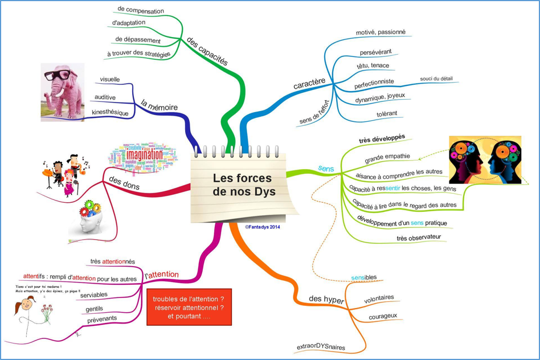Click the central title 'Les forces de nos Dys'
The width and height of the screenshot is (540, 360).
click(243, 185)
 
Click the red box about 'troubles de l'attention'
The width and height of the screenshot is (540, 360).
click(189, 307)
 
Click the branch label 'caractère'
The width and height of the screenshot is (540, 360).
click(309, 84)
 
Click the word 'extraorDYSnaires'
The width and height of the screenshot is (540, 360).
click(321, 346)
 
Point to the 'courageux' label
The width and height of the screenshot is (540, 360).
click(383, 316)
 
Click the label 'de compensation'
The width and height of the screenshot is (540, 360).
click(140, 10)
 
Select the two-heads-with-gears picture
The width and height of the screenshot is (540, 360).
click(484, 159)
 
